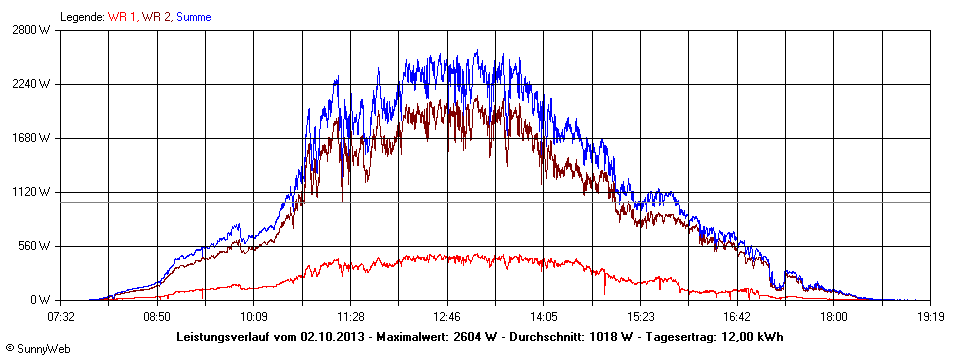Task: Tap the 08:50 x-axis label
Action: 156,317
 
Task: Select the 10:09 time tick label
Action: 253,317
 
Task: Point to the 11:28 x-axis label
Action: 350,317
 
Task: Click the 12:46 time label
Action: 447,317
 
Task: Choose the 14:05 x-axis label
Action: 543,317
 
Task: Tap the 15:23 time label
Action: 640,317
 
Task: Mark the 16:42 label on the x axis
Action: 737,317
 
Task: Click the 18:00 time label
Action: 833,317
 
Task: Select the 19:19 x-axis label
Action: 930,317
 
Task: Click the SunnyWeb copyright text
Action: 38,348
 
